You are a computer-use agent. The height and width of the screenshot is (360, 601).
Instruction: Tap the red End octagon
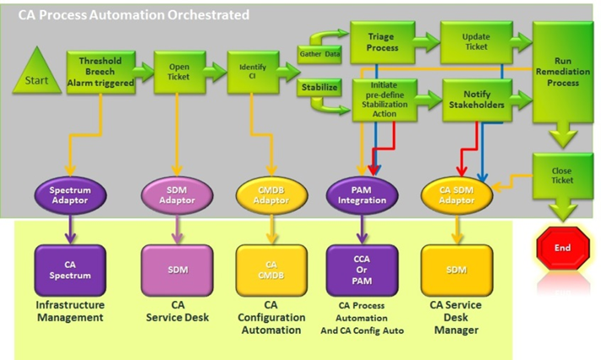(563, 249)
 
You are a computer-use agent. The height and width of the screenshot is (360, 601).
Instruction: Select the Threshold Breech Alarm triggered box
(101, 72)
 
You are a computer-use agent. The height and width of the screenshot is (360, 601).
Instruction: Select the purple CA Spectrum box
(69, 270)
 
